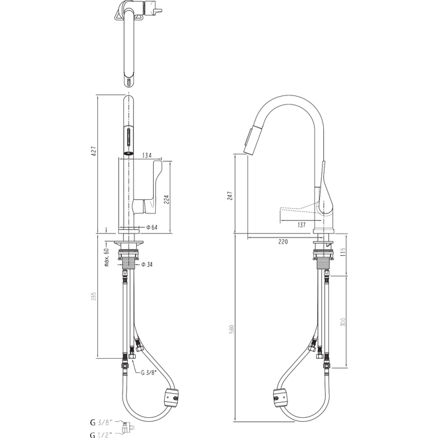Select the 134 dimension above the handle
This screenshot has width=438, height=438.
pyautogui.click(x=147, y=156)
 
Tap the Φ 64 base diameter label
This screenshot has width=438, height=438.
pyautogui.click(x=152, y=227)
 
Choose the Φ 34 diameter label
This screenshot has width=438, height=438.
pyautogui.click(x=149, y=264)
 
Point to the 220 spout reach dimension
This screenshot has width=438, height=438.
pyautogui.click(x=284, y=241)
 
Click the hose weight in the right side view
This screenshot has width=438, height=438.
pyautogui.click(x=280, y=398)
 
